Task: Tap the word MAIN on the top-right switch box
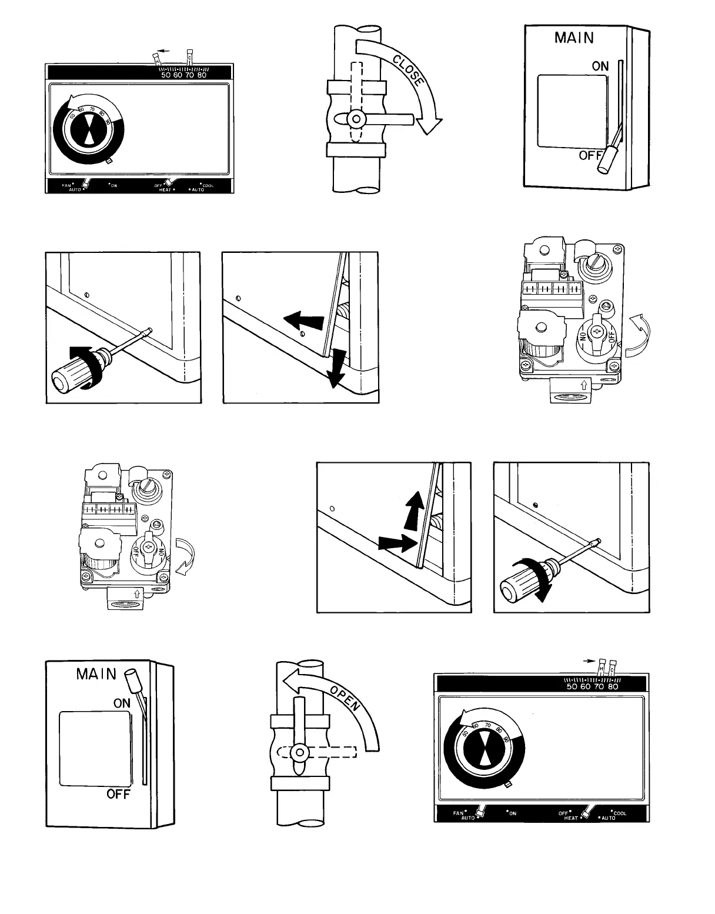tap(574, 38)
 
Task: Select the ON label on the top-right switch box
tap(600, 66)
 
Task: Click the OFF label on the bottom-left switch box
tap(118, 795)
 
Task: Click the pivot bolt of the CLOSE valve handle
tap(355, 119)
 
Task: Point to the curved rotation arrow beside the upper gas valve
tap(637, 335)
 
